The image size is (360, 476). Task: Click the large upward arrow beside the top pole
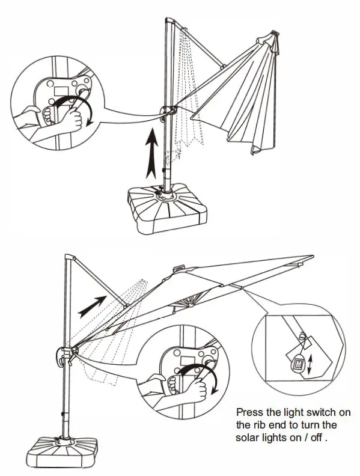coord(151,153)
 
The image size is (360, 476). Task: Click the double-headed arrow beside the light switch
coord(310,365)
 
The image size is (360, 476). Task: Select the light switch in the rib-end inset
coord(298,362)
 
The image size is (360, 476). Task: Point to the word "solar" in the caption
coord(247,438)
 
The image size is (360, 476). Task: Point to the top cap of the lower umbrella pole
coord(70,257)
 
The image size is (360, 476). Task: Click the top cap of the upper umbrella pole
coord(170,20)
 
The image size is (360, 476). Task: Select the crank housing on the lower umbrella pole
coord(64,356)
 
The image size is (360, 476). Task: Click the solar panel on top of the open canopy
coord(178,269)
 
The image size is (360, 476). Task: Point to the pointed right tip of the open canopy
coord(313,257)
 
